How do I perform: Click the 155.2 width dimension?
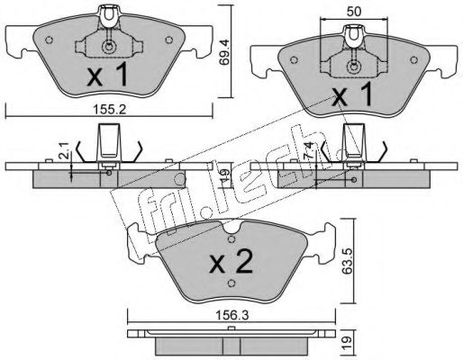109,110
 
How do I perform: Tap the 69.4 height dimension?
224,52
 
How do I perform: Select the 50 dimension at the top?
354,12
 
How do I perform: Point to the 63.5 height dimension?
346,262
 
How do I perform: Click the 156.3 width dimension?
232,315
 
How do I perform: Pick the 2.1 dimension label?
66,150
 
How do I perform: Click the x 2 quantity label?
231,262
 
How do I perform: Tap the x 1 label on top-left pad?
107,76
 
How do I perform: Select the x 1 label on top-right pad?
352,94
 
